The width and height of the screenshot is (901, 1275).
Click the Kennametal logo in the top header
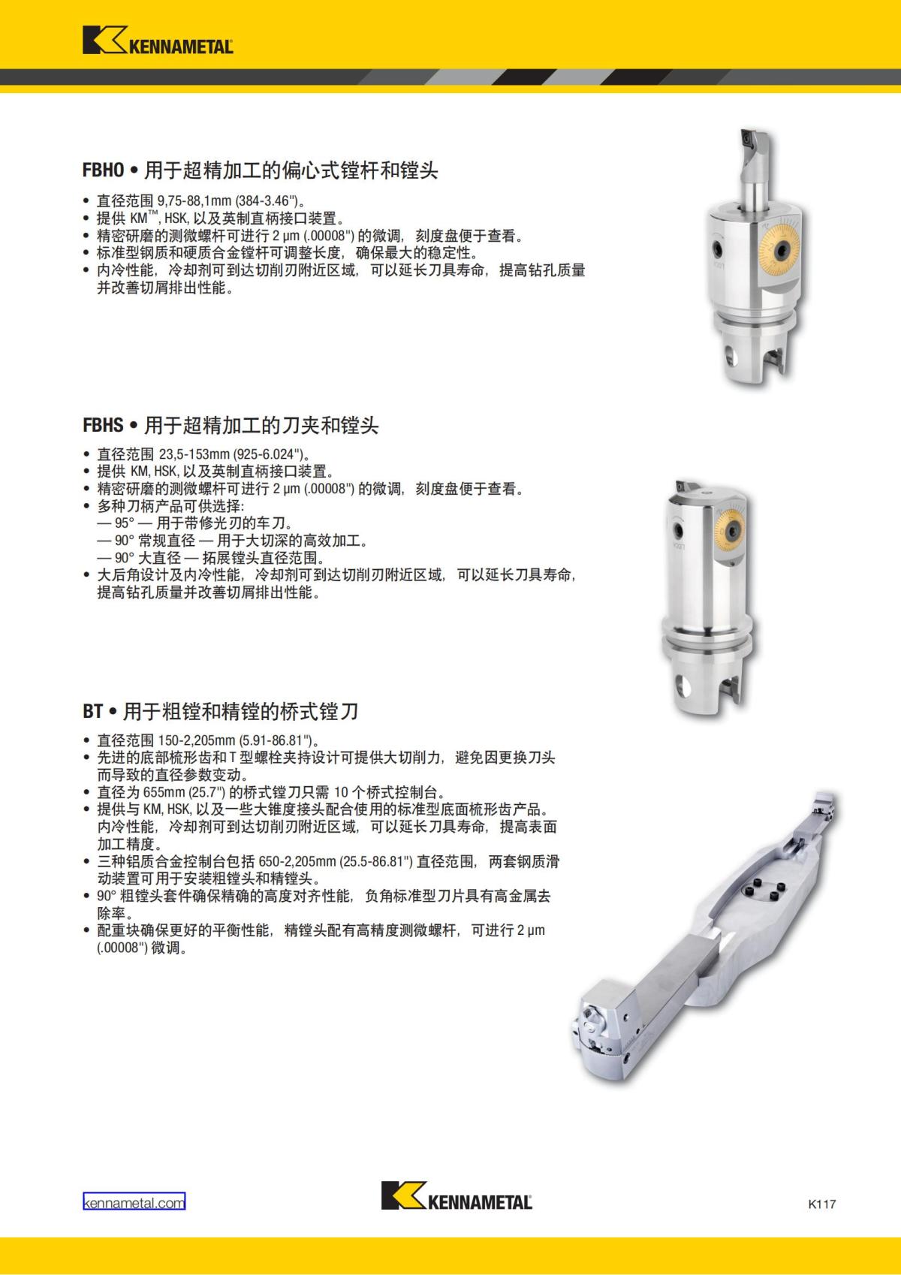click(x=158, y=41)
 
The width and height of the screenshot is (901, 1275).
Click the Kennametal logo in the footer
click(x=457, y=1195)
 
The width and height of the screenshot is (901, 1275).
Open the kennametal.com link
click(x=134, y=1202)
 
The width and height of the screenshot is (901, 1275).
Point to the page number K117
click(x=822, y=1204)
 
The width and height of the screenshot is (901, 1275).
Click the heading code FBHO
click(x=103, y=170)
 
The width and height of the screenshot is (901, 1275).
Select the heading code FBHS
click(x=103, y=426)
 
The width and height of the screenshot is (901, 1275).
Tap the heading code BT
click(x=92, y=710)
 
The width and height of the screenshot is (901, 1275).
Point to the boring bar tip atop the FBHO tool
click(x=752, y=140)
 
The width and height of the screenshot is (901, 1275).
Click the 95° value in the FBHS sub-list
click(x=124, y=523)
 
